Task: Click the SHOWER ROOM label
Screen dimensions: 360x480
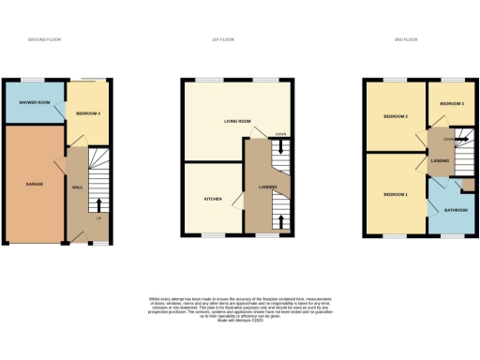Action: pyautogui.click(x=33, y=103)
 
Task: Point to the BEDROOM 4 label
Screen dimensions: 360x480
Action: pyautogui.click(x=88, y=113)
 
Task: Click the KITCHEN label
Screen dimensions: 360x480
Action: pyautogui.click(x=213, y=200)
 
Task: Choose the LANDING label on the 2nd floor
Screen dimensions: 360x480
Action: pyautogui.click(x=440, y=161)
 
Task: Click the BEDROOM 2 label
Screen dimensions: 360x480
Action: pyautogui.click(x=395, y=117)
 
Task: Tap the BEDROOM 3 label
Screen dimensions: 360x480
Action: pyautogui.click(x=452, y=101)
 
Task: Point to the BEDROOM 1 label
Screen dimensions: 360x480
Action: pyautogui.click(x=395, y=194)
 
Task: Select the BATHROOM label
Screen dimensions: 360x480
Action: pyautogui.click(x=456, y=211)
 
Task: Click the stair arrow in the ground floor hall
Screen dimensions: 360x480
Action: pyautogui.click(x=100, y=202)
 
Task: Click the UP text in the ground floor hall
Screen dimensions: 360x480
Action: pyautogui.click(x=98, y=219)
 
